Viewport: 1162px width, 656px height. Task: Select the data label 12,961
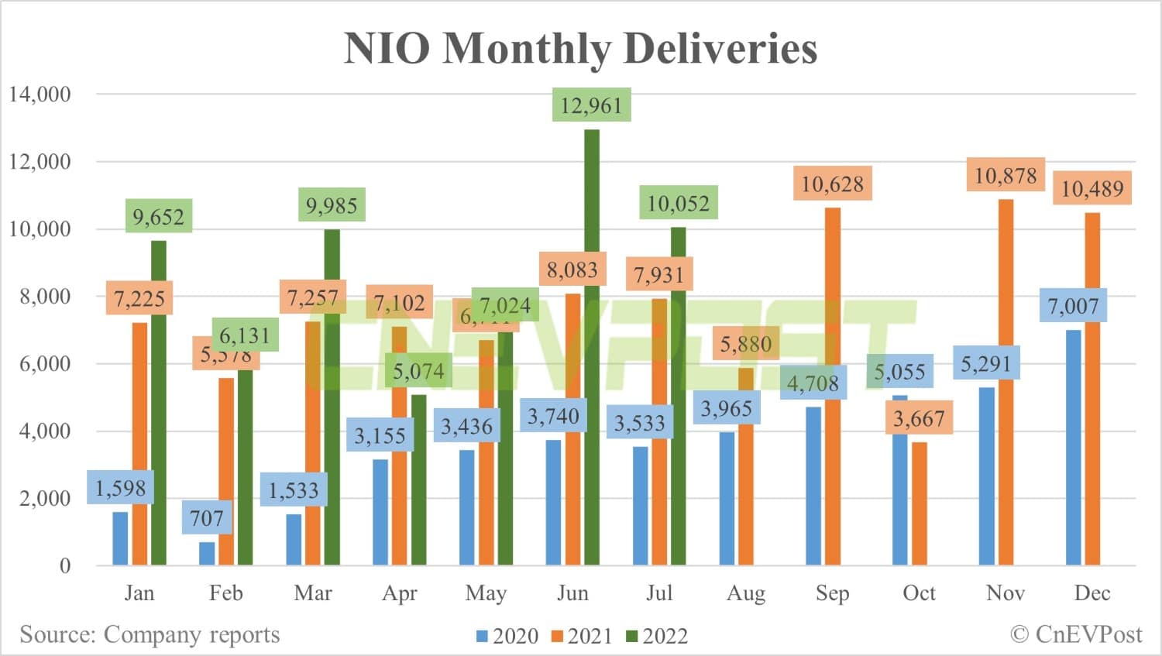pos(591,105)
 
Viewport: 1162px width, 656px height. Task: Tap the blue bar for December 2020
pos(1073,448)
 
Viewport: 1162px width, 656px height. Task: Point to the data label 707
pos(207,518)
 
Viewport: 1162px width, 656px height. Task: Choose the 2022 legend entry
pos(657,636)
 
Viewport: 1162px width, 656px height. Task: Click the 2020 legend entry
pos(507,636)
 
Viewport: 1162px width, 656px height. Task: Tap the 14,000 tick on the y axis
pos(40,94)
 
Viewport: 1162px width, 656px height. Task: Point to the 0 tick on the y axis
pos(65,565)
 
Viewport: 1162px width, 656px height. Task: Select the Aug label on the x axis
pos(745,593)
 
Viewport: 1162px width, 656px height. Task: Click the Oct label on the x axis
pos(919,593)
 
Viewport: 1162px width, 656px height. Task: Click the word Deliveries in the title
pos(720,48)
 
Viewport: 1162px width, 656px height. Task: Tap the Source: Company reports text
pos(150,634)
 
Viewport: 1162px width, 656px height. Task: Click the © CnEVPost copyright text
pos(1076,634)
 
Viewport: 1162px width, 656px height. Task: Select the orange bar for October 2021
pos(919,503)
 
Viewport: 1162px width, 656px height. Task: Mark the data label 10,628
pos(832,184)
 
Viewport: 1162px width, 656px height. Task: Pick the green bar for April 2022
pos(418,480)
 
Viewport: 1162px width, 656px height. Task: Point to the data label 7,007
pos(1073,307)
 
